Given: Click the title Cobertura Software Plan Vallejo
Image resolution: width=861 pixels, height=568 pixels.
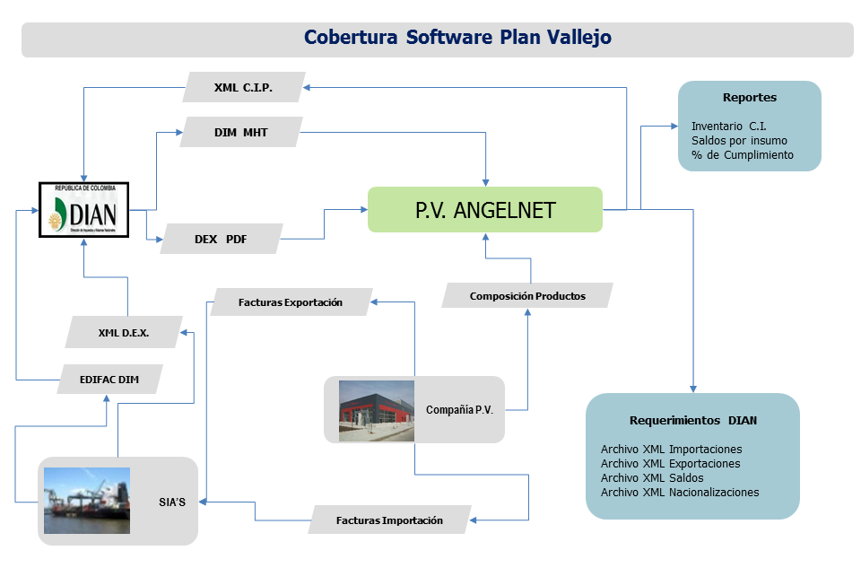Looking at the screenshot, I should [x=457, y=38].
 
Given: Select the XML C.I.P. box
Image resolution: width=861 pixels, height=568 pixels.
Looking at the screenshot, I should [x=243, y=88].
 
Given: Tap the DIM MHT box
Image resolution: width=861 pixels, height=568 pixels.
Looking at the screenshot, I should [x=240, y=133].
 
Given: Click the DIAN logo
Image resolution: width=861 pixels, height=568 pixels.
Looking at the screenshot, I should [x=83, y=209].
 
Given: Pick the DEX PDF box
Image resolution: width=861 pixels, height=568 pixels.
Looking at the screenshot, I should [x=221, y=240].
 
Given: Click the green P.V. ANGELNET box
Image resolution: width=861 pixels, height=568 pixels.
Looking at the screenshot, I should [x=484, y=210].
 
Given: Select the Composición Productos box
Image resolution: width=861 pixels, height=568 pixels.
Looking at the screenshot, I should [x=527, y=295].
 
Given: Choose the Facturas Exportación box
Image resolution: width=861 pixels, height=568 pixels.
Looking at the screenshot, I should [x=291, y=302].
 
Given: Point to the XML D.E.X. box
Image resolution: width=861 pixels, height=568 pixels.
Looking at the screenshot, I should [x=124, y=332].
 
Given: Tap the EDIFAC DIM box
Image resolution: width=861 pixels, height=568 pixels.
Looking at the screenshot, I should [x=109, y=379].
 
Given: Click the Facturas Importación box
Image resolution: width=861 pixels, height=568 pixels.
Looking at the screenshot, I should [x=389, y=520].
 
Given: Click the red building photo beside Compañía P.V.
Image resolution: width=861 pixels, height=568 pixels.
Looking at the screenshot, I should [x=376, y=411].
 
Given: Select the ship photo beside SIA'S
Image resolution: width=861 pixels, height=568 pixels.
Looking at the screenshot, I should [x=86, y=501].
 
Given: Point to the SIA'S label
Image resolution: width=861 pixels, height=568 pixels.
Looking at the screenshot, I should [x=170, y=502].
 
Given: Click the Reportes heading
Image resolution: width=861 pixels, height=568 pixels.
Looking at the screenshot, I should [x=750, y=97].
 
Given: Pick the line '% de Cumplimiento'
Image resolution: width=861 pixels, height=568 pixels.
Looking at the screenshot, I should [x=742, y=155].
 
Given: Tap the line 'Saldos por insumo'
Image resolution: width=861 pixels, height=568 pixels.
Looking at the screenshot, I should [x=740, y=141].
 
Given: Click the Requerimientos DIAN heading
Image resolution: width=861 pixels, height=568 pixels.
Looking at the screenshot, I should [x=693, y=420].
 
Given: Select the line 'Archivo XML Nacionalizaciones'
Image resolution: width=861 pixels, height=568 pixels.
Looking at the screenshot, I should [x=680, y=492].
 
